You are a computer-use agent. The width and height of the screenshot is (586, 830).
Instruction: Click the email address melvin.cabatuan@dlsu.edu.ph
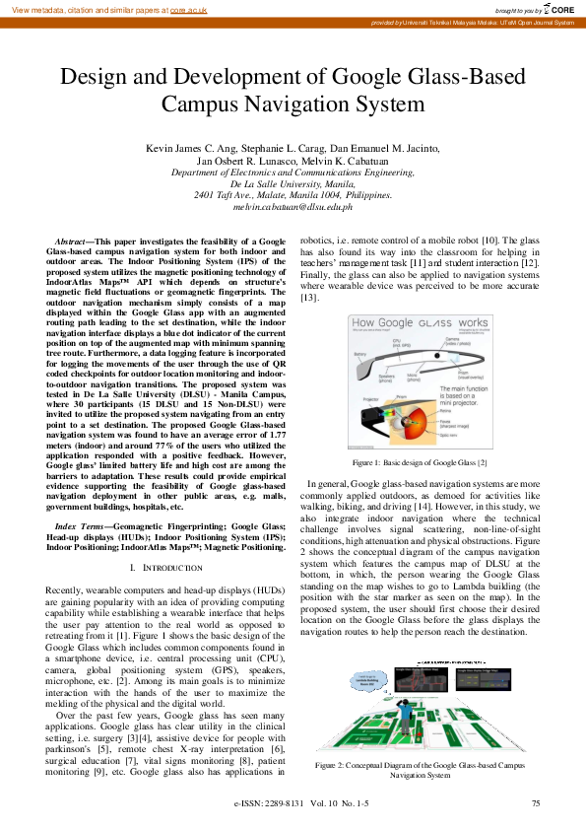(293, 207)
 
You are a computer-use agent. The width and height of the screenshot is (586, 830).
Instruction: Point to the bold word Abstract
(69, 241)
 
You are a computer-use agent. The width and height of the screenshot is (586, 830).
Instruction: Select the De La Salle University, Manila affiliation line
(293, 183)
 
